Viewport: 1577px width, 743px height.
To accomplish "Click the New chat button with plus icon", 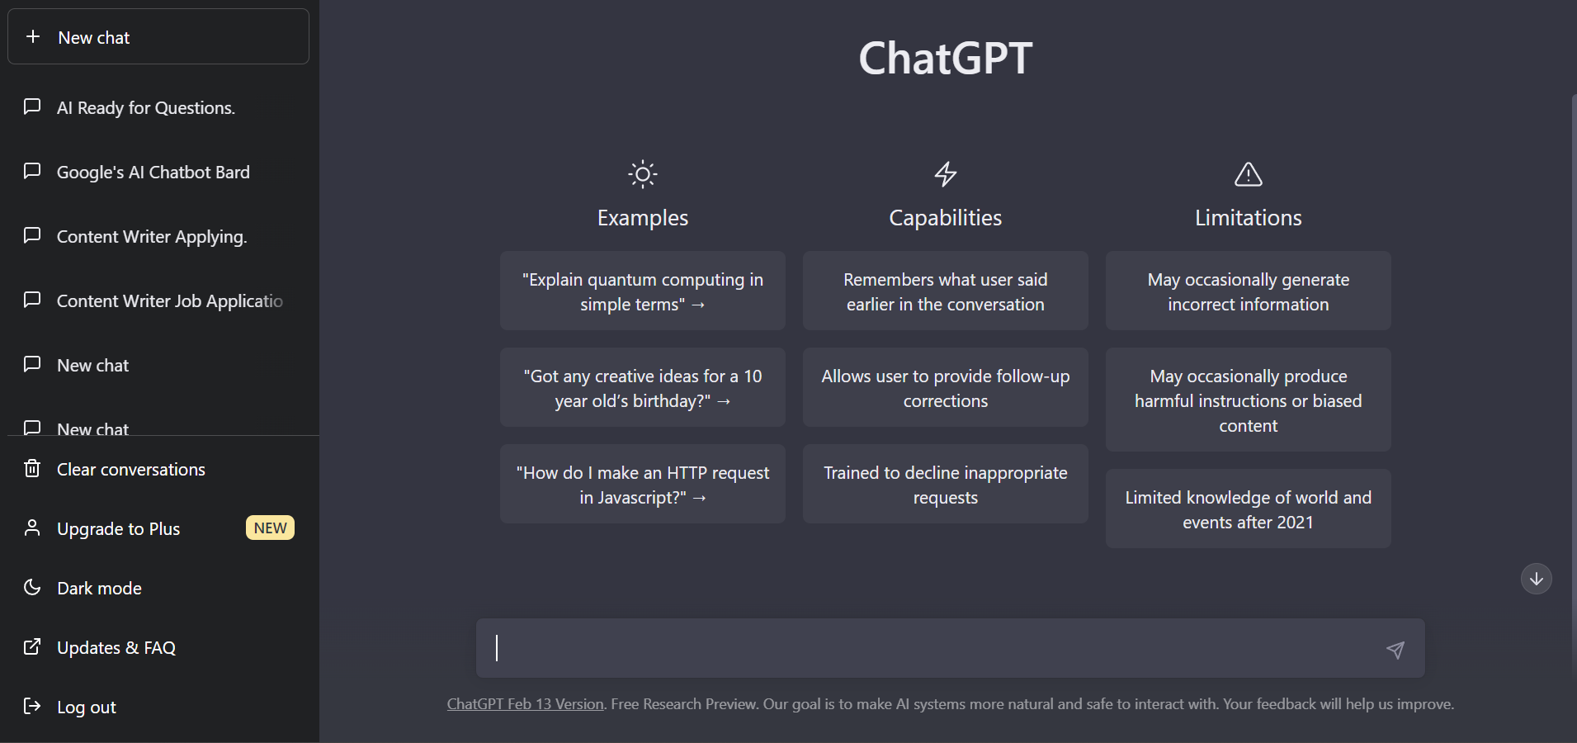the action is point(158,37).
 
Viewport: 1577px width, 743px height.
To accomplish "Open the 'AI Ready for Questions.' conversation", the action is point(146,108).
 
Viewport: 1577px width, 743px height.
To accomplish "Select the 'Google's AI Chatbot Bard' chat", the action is point(153,173).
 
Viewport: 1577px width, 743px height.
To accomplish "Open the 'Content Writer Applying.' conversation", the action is point(152,237).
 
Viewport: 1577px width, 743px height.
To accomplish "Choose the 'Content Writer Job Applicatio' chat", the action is point(170,301).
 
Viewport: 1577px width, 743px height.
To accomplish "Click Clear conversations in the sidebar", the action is point(131,470).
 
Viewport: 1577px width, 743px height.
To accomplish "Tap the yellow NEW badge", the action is point(270,528).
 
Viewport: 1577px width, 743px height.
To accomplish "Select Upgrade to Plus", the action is point(118,529).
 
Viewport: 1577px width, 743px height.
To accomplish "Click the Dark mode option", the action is point(99,589).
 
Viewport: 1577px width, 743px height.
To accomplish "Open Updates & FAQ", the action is point(116,648).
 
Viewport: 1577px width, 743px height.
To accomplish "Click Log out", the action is point(87,708).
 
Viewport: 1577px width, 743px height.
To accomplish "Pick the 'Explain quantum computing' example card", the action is point(643,291).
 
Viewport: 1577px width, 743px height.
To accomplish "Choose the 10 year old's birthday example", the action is point(643,388).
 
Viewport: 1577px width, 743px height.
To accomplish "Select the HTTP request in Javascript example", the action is point(643,485).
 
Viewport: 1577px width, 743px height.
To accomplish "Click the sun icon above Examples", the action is point(643,174).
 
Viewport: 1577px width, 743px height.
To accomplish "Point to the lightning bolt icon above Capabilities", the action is point(946,174).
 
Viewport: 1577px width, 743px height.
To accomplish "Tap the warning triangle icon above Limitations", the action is point(1249,174).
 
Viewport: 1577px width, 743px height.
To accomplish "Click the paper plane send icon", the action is point(1395,650).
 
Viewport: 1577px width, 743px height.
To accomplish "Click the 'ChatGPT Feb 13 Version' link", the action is point(526,704).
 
